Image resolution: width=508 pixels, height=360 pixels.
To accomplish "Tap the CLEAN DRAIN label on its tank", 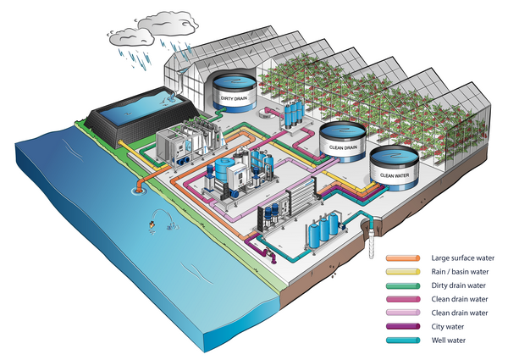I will coord(341,146).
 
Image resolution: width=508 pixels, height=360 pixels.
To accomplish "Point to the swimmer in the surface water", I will coord(150,224).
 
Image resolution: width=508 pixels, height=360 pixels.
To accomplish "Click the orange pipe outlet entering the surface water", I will coord(137,182).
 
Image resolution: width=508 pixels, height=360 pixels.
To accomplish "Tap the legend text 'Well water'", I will coord(448,341).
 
